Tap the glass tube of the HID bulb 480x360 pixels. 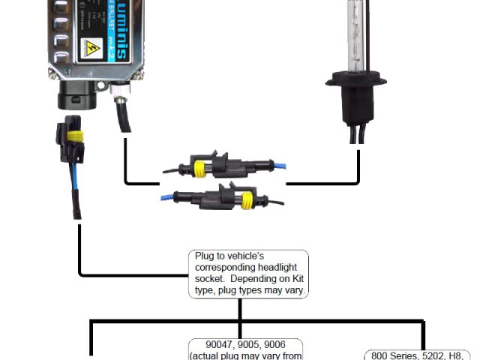coord(355,30)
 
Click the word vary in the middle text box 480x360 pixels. coord(293,289)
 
